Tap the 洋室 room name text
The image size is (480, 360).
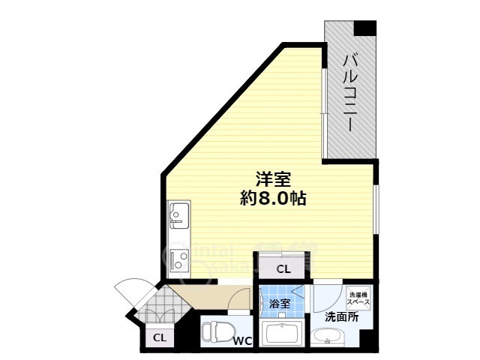[x=273, y=180]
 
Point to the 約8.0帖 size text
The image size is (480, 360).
[x=273, y=199]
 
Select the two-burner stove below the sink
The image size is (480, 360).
[x=180, y=259]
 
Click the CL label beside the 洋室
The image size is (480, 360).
[x=283, y=268]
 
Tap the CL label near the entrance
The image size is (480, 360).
[x=159, y=338]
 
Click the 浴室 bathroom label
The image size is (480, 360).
[x=280, y=304]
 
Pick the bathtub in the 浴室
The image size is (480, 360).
[x=281, y=333]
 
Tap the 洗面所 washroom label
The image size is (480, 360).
[x=341, y=318]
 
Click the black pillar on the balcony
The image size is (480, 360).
[x=365, y=28]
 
